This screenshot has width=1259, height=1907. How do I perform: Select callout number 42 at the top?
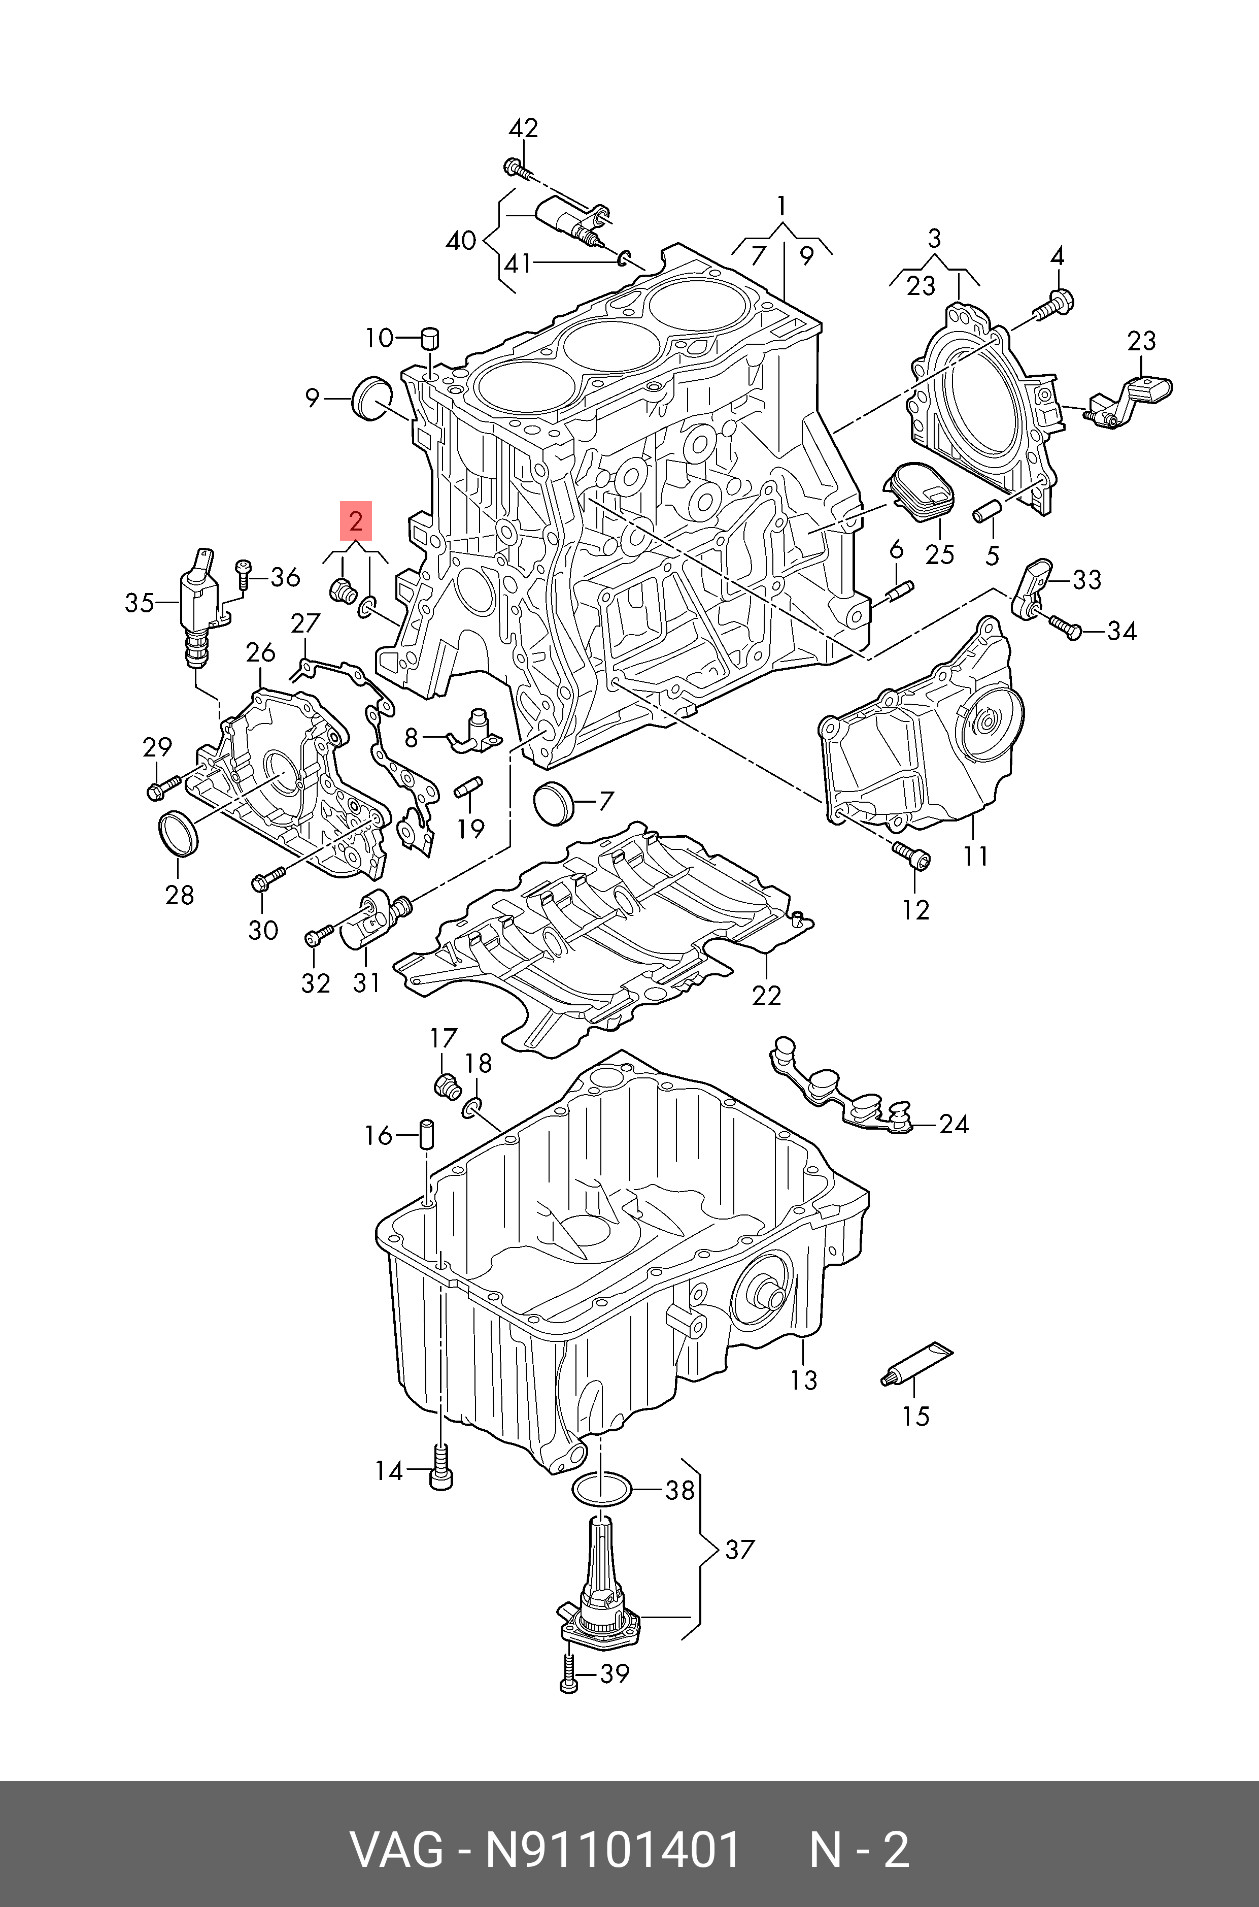pos(524,128)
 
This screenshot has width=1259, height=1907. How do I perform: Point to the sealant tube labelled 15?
pos(918,1367)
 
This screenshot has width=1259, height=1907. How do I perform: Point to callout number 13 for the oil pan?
pos(803,1379)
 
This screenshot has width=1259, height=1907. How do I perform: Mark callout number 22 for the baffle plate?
pos(766,995)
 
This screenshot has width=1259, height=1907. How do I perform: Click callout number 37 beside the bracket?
pos(739,1549)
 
